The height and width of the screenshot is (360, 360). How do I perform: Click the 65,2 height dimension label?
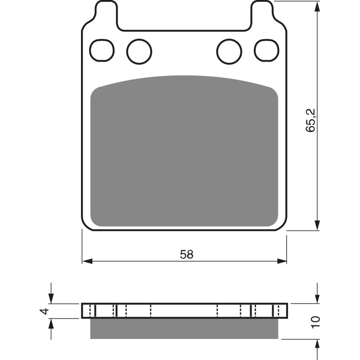(311, 119)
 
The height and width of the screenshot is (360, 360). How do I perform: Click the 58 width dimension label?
(186, 254)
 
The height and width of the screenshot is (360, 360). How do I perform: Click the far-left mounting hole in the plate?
(102, 50)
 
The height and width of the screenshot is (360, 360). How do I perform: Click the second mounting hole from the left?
(139, 51)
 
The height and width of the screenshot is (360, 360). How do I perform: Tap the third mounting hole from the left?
(229, 51)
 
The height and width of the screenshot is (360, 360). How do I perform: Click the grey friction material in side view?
(184, 328)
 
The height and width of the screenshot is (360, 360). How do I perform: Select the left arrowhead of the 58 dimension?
(87, 261)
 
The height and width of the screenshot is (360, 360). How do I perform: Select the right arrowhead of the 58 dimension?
(282, 261)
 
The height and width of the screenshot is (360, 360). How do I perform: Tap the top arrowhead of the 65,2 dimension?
(318, 6)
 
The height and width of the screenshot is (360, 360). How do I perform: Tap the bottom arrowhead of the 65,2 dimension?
(318, 225)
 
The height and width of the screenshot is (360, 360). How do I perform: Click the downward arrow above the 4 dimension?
(51, 297)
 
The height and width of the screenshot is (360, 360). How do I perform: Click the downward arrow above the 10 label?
(318, 297)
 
